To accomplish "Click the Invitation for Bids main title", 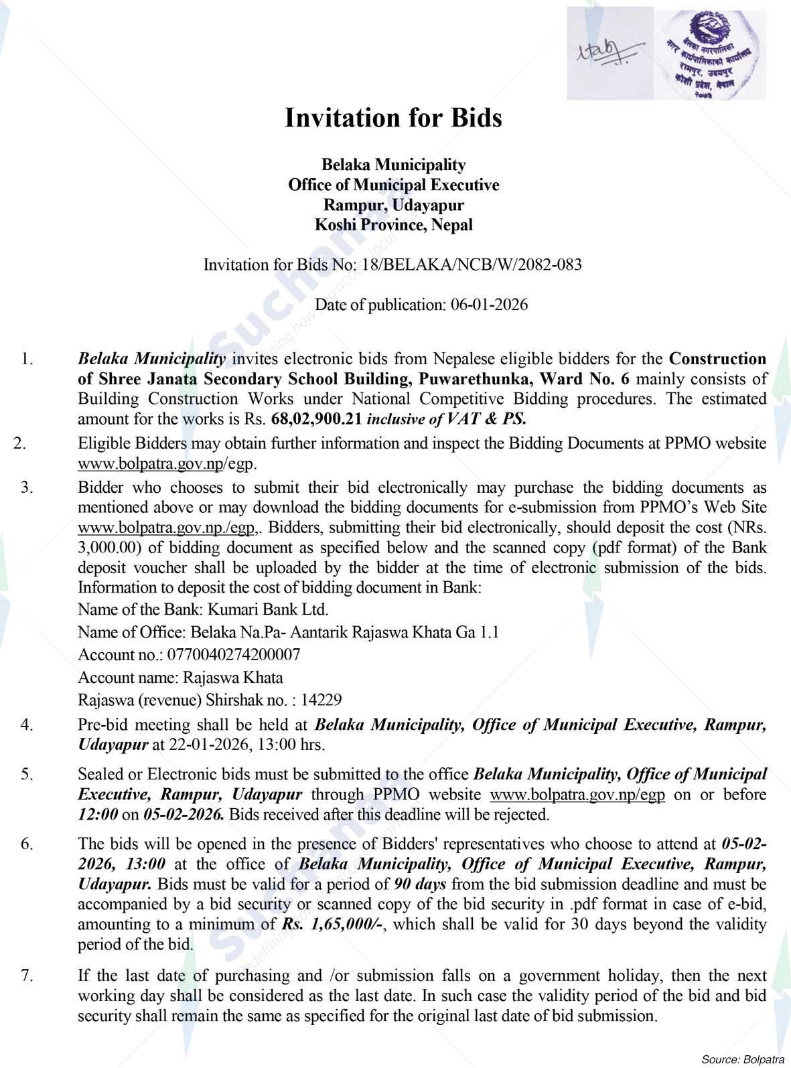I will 393,118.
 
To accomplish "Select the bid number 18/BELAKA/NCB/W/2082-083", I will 471,264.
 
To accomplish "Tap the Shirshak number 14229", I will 321,700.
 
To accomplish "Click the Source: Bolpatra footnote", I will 741,1059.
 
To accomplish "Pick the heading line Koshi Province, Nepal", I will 393,225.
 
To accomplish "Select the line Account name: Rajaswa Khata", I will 180,677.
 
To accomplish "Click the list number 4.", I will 27,724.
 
